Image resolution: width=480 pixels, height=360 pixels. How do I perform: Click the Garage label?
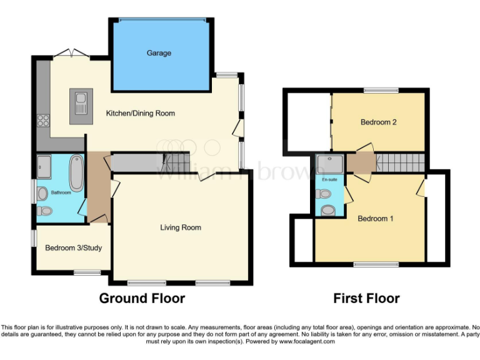159,53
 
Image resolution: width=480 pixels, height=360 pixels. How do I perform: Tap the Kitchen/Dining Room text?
140,113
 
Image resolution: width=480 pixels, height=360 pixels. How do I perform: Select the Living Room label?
181,227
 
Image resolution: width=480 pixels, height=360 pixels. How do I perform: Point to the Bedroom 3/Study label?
73,248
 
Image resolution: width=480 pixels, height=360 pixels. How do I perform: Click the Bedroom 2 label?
379,122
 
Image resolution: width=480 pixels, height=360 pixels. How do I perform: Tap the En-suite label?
329,180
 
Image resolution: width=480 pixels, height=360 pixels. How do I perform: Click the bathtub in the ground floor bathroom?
76,172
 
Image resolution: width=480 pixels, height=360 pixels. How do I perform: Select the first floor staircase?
400,164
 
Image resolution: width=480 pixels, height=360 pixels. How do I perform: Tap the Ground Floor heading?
142,298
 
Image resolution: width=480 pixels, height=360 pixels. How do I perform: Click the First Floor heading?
366,298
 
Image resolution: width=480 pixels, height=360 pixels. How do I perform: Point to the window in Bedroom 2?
381,91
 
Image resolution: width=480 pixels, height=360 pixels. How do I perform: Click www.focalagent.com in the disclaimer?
307,342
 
